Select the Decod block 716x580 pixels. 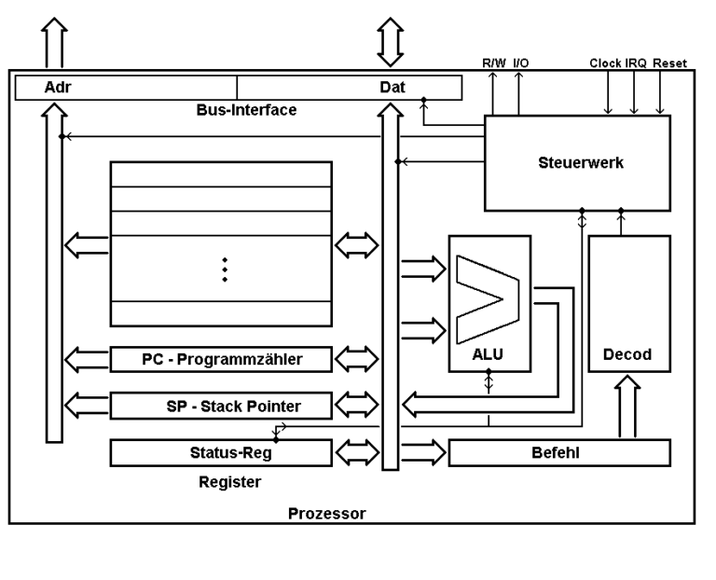(628, 354)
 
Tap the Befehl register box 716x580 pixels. (559, 452)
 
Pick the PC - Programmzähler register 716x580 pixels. (221, 358)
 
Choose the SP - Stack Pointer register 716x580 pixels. (221, 406)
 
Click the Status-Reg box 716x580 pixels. (221, 452)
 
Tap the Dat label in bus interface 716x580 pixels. (392, 87)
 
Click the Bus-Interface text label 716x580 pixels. (246, 110)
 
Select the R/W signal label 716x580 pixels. (493, 63)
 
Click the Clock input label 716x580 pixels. (606, 63)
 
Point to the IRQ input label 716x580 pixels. (636, 63)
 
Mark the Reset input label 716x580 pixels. (669, 63)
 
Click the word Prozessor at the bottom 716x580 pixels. (326, 513)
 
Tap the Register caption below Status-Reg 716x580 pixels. (229, 482)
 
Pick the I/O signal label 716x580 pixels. (519, 63)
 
